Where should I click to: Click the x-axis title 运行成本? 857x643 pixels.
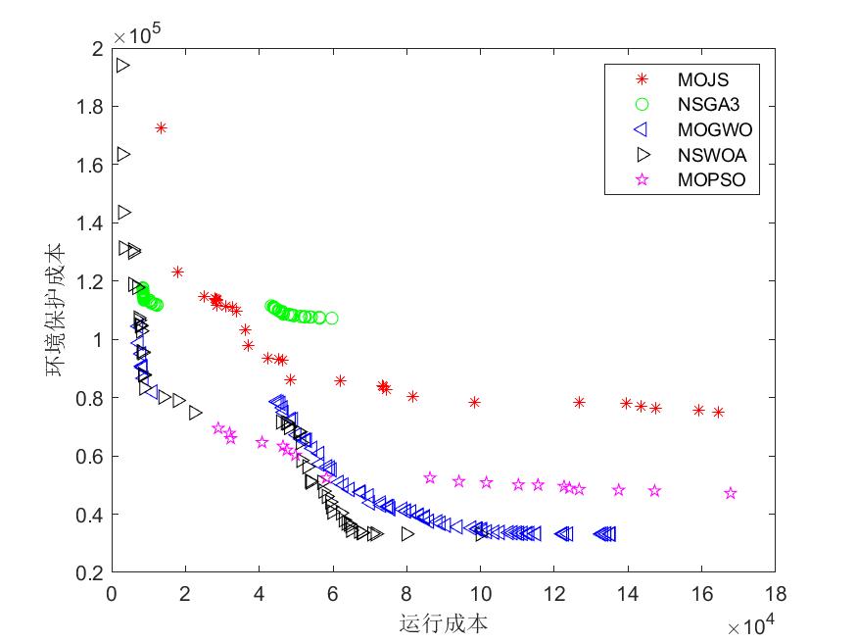tap(444, 623)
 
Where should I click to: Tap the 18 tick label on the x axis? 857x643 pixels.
tap(775, 594)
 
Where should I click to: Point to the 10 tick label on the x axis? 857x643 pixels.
tap(480, 594)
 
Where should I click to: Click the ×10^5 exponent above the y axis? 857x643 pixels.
tap(137, 35)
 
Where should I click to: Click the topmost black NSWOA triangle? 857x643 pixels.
tap(122, 66)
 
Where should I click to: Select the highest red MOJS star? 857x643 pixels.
tap(161, 128)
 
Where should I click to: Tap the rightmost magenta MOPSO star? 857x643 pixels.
tap(731, 493)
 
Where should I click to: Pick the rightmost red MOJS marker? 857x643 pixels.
tap(718, 413)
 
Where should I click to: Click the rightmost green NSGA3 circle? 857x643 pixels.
tap(332, 318)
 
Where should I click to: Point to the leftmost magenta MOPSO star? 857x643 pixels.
tap(217, 428)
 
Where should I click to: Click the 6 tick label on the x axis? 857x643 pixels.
tap(333, 594)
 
